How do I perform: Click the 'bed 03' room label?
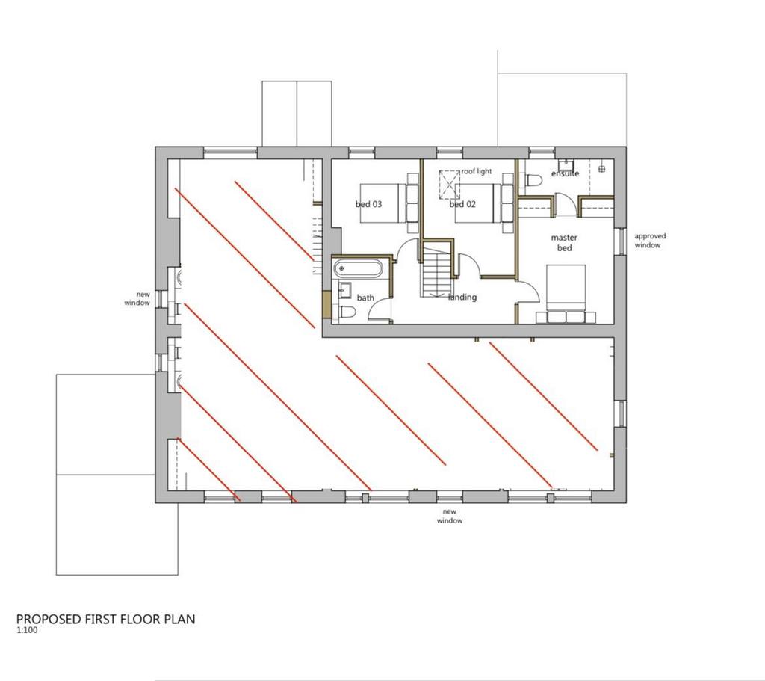[x=368, y=204]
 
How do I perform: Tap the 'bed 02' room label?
[x=462, y=204]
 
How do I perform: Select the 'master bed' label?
[x=564, y=243]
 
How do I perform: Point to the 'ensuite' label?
[x=565, y=173]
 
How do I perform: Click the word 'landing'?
[x=462, y=297]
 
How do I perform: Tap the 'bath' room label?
[x=365, y=298]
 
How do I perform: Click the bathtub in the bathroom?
[x=359, y=268]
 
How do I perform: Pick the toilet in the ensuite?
[x=534, y=181]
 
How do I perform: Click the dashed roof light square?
[x=449, y=185]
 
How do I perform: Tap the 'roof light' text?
[x=477, y=171]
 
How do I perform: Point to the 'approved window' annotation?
[x=649, y=241]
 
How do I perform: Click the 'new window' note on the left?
[x=137, y=298]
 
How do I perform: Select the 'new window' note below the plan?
[x=449, y=516]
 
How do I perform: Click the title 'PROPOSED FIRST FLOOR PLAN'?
[x=106, y=619]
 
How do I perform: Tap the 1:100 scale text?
[x=28, y=629]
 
